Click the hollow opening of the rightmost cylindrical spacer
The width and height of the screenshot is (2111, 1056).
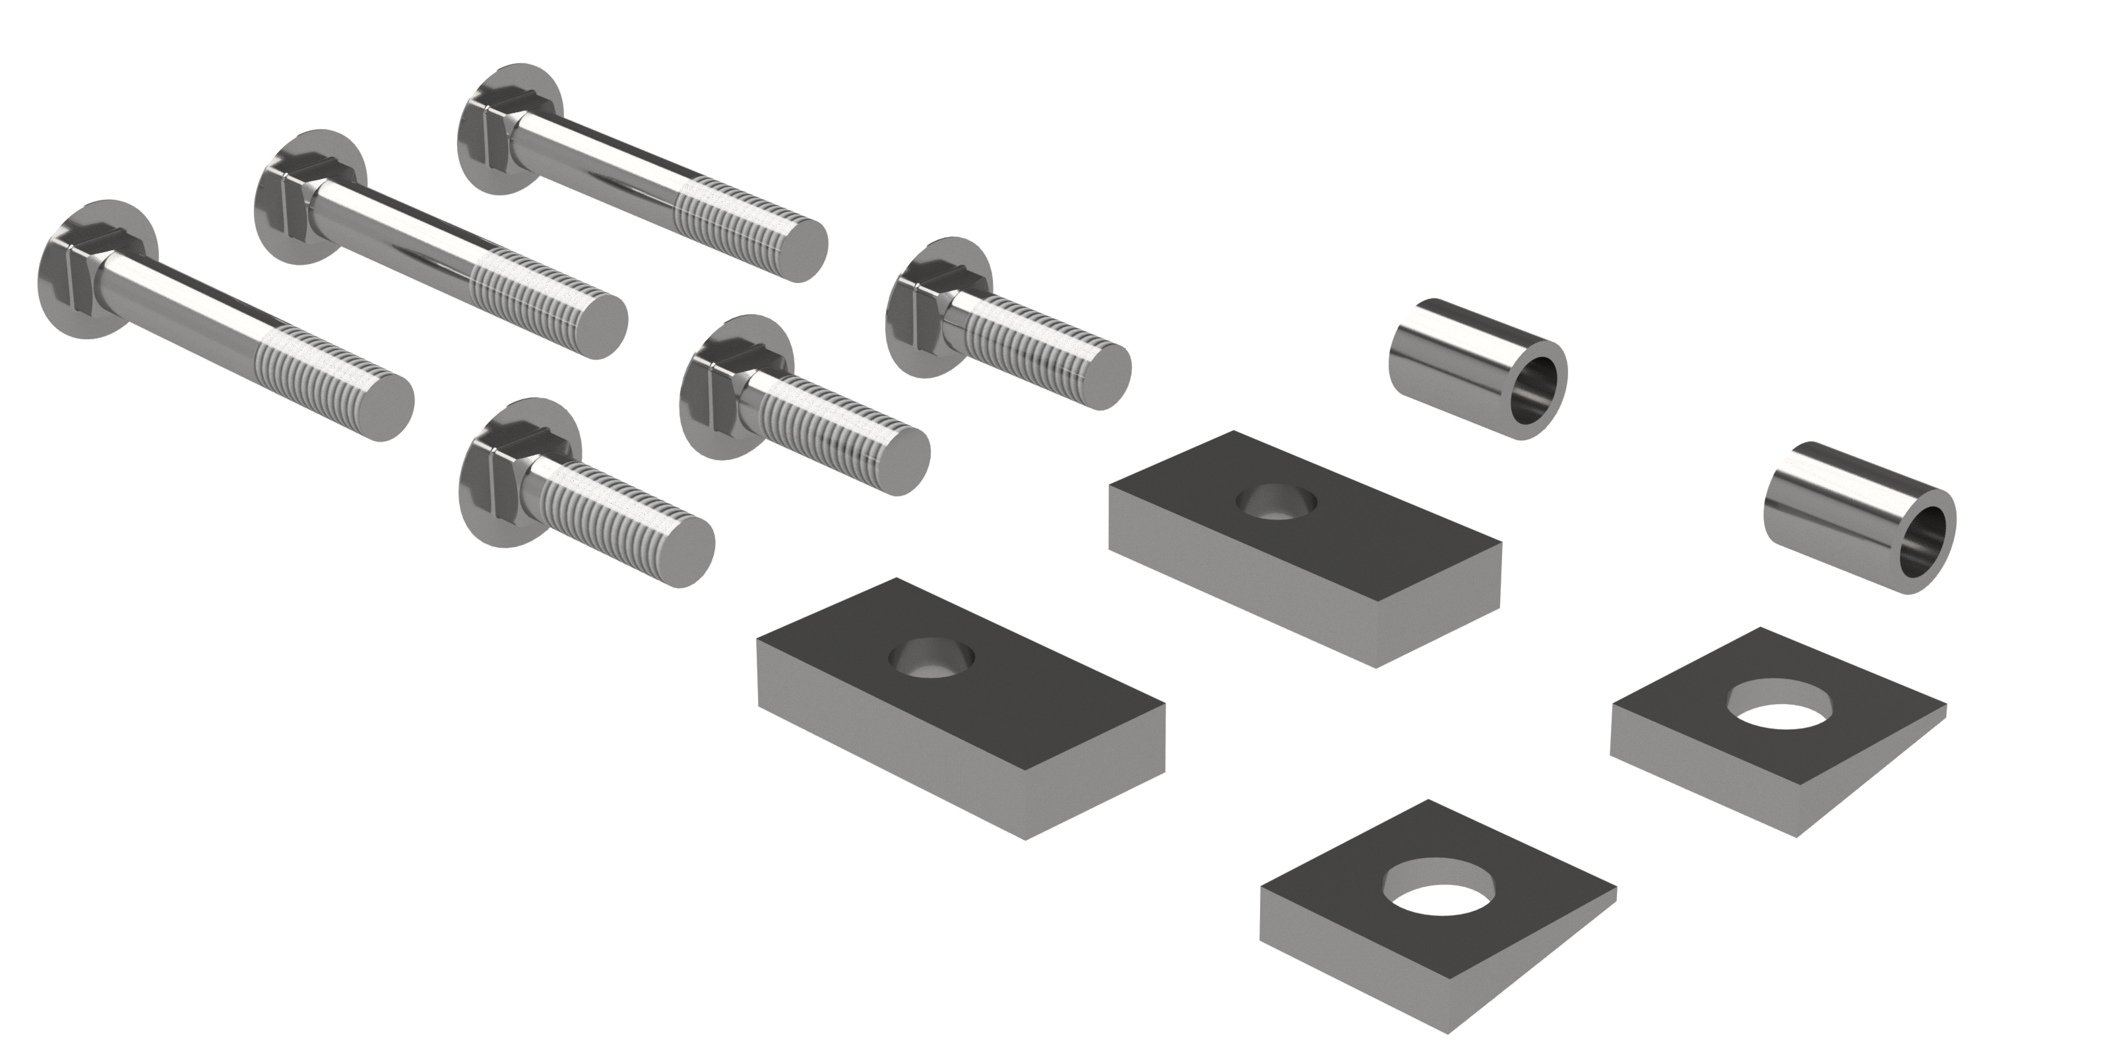pos(1926,548)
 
